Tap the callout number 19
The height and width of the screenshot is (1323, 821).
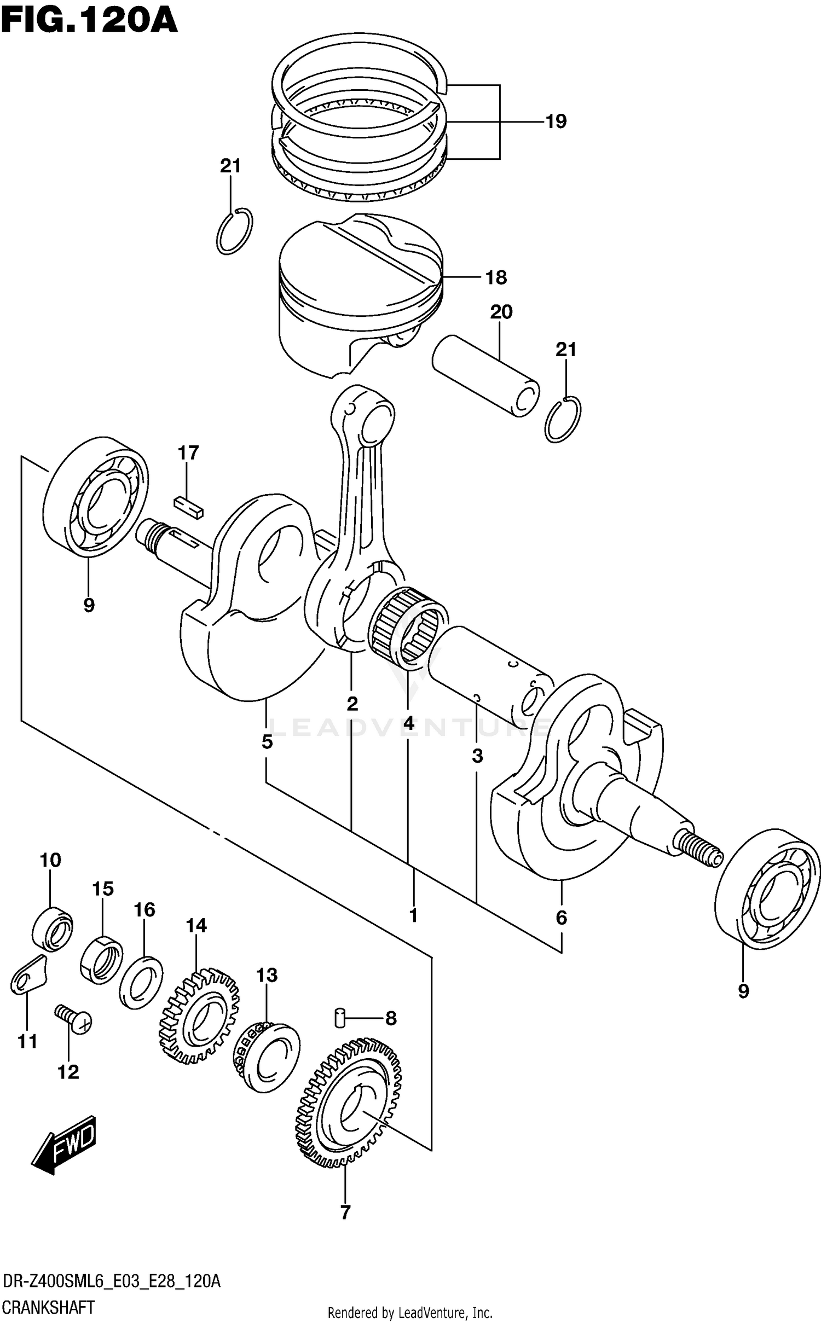click(x=556, y=121)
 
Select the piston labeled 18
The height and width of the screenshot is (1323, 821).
click(x=359, y=290)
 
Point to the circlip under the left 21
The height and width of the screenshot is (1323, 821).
click(x=234, y=231)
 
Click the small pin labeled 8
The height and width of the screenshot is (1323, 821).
click(x=339, y=1018)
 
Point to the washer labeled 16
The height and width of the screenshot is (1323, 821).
click(x=141, y=982)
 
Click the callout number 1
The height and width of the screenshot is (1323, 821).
click(x=414, y=915)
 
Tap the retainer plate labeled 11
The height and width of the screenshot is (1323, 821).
click(x=27, y=977)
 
